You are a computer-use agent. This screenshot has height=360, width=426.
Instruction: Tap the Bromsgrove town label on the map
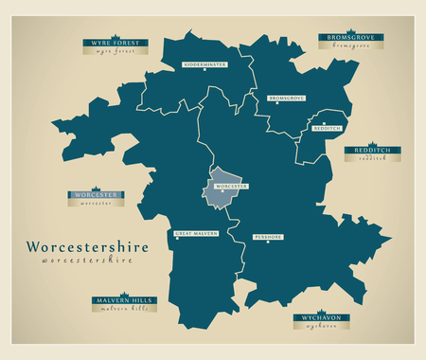286,98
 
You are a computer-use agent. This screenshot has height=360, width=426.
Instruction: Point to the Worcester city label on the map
232,187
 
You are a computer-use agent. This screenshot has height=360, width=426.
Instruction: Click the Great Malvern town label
197,233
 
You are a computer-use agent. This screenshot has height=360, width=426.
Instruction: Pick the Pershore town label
268,236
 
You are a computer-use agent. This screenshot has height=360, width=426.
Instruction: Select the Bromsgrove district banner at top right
349,37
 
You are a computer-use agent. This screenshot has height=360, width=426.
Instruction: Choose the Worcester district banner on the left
96,195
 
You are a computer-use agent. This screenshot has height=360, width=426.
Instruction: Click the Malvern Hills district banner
122,300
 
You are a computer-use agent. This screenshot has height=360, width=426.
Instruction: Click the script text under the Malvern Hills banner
122,309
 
